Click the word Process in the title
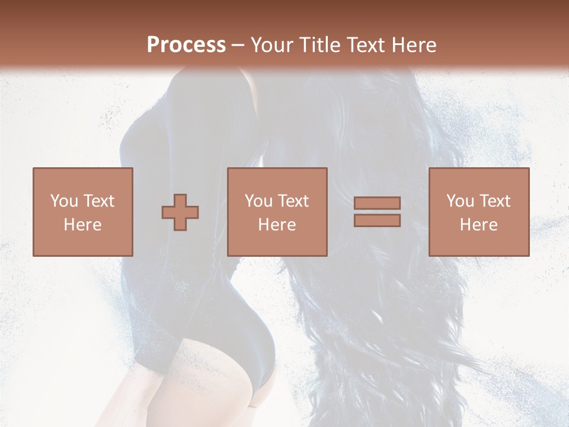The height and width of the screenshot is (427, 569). tap(186, 45)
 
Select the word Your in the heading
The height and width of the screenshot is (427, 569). tap(273, 45)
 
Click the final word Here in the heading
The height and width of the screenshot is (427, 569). tap(413, 45)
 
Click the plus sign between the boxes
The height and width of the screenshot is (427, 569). tap(180, 212)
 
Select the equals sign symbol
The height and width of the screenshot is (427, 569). tap(377, 212)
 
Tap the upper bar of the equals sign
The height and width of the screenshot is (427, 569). tap(377, 203)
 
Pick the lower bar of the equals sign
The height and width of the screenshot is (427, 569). tap(377, 220)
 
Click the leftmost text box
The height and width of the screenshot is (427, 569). tap(82, 212)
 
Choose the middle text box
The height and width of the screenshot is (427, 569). tap(277, 212)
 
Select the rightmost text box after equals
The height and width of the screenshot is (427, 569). tap(478, 212)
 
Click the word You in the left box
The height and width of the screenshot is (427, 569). tap(63, 201)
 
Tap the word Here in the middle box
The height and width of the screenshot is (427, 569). tap(277, 225)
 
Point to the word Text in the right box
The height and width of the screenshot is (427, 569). tap(494, 201)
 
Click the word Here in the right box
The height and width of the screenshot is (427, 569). tap(478, 225)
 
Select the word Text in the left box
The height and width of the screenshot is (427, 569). tap(98, 201)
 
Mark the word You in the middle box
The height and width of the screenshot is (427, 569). tap(258, 201)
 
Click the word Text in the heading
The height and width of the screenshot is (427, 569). tap(366, 45)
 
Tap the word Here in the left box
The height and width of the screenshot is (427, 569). tap(82, 225)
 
